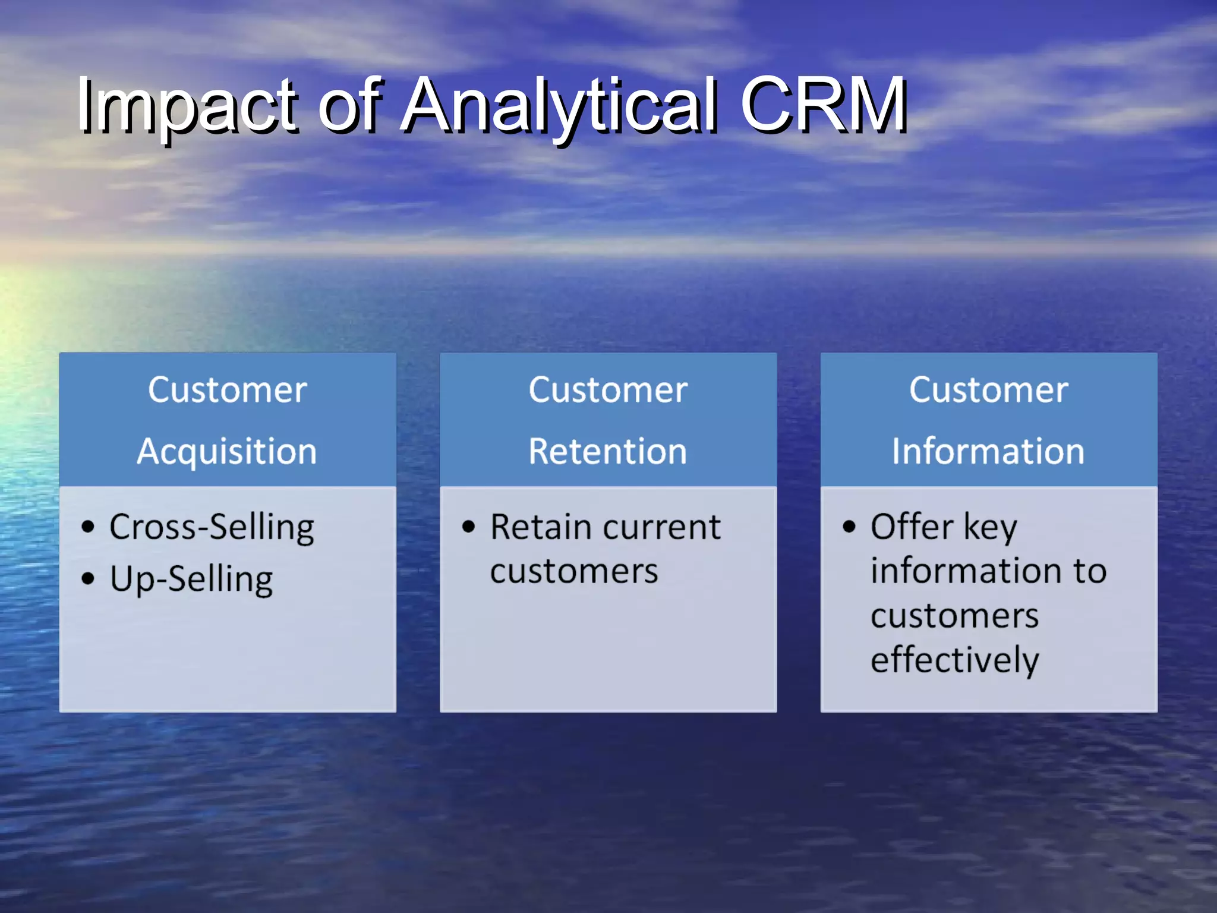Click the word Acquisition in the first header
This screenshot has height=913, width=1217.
[x=227, y=452]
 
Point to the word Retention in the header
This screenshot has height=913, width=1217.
[x=608, y=452]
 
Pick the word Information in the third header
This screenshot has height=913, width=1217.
[x=988, y=452]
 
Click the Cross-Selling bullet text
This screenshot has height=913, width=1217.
[x=212, y=528]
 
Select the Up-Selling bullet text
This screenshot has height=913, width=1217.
[x=191, y=579]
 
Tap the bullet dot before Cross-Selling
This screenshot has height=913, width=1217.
[x=88, y=527]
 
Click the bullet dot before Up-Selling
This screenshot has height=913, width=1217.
[x=88, y=578]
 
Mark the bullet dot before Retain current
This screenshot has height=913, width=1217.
[x=469, y=527]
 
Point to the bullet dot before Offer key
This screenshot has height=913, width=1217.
[x=849, y=527]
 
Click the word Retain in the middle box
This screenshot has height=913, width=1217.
[x=541, y=528]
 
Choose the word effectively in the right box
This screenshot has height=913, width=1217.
[x=955, y=660]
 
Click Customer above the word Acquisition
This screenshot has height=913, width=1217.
[x=227, y=391]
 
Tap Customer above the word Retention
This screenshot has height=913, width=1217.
[x=608, y=391]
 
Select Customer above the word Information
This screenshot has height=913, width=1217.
[x=988, y=391]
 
